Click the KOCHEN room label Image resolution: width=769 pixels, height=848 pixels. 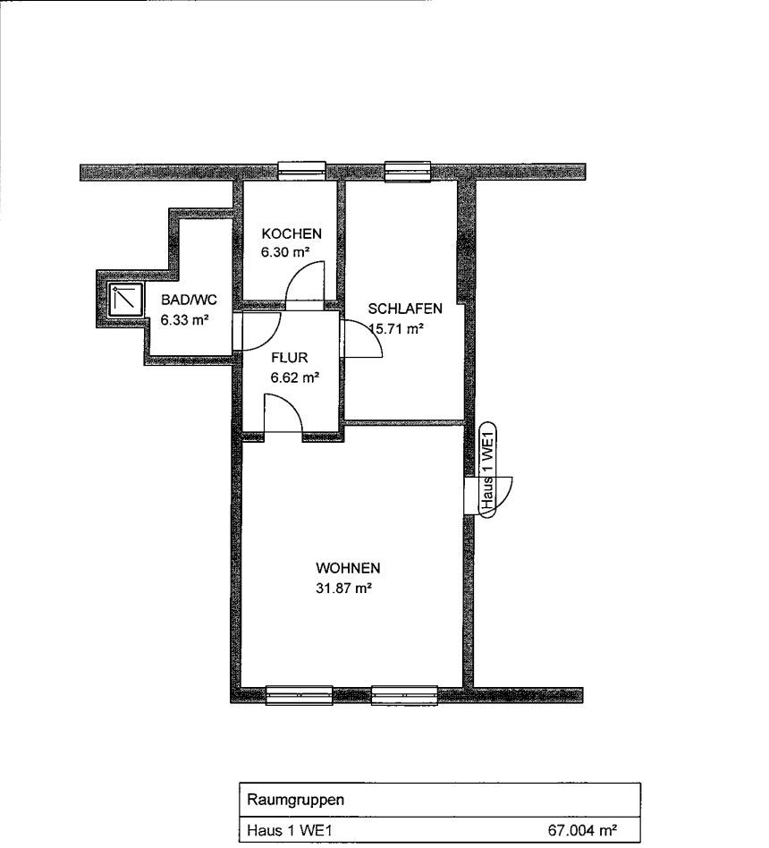point(292,233)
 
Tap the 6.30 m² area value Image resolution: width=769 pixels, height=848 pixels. point(285,252)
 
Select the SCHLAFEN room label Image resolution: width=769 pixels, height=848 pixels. point(405,309)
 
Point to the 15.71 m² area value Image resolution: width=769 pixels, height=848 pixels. point(395,328)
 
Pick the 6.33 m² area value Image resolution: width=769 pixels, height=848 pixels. point(184,319)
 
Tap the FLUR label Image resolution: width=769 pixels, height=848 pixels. point(290,358)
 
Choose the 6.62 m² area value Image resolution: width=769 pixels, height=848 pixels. point(295,377)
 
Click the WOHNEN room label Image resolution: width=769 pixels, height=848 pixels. point(348,568)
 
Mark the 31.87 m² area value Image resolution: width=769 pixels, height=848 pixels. point(343,588)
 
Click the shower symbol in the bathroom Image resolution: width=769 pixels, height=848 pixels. point(126,299)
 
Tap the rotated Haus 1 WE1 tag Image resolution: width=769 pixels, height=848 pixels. point(488,470)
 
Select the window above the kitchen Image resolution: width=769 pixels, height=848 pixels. point(302,170)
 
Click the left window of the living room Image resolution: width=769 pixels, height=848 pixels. point(299,695)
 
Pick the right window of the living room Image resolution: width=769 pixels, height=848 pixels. point(404,695)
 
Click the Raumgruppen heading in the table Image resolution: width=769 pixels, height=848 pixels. point(295,800)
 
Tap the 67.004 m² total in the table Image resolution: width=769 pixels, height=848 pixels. point(583,830)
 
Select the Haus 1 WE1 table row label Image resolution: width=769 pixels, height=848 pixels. point(289,830)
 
